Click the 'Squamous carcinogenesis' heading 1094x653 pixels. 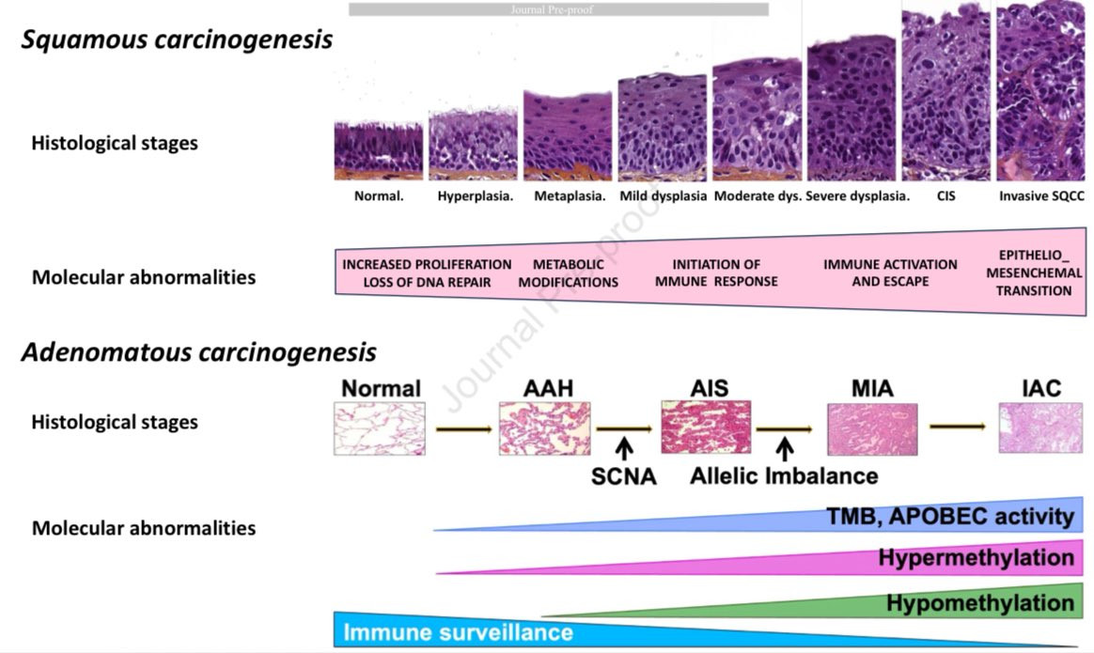[x=178, y=40]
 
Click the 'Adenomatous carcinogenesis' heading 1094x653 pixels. [x=198, y=352]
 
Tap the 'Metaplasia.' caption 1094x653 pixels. [x=570, y=197]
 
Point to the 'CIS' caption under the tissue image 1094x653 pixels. [x=946, y=197]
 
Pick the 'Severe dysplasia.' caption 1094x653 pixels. [x=857, y=197]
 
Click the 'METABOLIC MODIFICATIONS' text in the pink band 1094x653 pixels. [x=569, y=273]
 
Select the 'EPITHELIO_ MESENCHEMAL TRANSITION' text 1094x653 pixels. [x=1034, y=272]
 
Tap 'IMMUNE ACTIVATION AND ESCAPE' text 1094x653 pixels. [x=890, y=273]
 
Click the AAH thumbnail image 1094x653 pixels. [x=545, y=428]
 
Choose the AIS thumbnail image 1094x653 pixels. [x=706, y=428]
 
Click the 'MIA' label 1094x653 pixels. [x=871, y=388]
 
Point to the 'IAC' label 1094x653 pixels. [x=1041, y=388]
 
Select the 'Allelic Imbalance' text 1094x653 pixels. [x=784, y=475]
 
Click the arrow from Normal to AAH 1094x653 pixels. [x=463, y=428]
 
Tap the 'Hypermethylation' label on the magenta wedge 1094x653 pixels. [x=976, y=558]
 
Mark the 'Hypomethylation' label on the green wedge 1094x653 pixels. [x=979, y=603]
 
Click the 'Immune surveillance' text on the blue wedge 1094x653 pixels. [x=458, y=632]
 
